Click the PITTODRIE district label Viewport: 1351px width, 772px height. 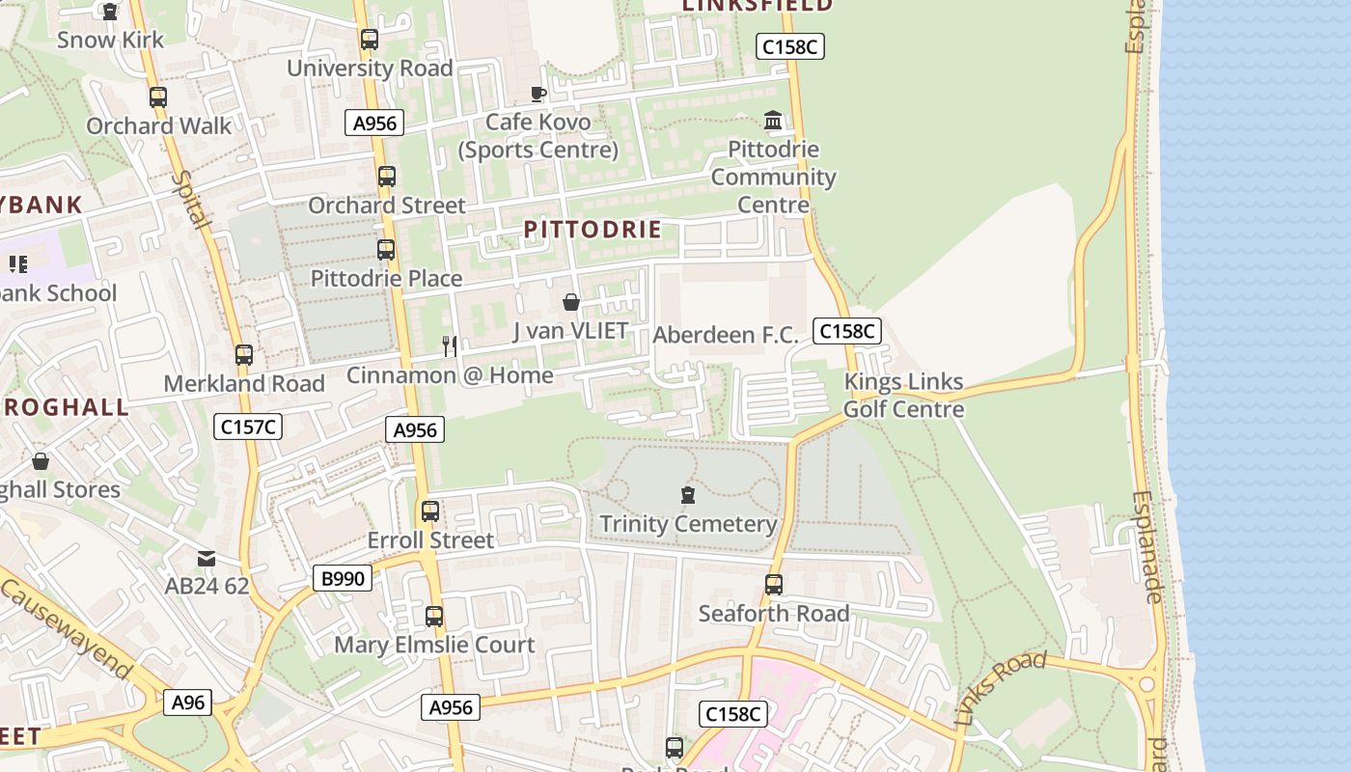click(593, 230)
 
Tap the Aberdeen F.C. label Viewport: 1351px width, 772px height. click(726, 335)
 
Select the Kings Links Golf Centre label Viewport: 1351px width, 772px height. click(903, 396)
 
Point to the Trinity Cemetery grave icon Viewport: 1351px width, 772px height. click(687, 496)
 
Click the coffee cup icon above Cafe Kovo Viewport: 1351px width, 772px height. click(538, 94)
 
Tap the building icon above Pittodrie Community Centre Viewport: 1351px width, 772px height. click(773, 121)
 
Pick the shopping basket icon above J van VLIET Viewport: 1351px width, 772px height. click(570, 303)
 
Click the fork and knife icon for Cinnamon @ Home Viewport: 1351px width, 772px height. click(449, 345)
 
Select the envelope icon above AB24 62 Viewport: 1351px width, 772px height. click(207, 559)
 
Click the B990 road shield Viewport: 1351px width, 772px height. click(343, 578)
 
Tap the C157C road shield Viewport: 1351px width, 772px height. click(248, 427)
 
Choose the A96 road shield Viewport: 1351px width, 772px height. click(187, 703)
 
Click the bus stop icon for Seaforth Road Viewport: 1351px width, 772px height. click(773, 585)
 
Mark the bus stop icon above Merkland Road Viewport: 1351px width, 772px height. click(244, 355)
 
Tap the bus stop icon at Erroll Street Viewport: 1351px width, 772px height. click(430, 511)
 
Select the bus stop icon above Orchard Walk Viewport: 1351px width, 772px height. click(158, 97)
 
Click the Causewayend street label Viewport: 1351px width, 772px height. click(65, 628)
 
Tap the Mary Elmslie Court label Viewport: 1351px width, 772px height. click(434, 645)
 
